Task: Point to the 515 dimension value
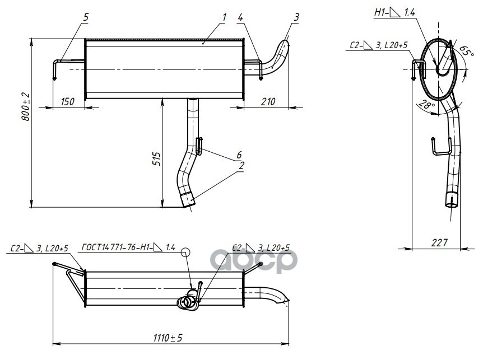tap(157, 159)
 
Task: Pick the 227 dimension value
tap(440, 242)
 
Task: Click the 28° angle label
tap(428, 104)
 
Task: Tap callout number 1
tap(223, 17)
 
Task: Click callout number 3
tap(295, 17)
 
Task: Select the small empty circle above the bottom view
tap(186, 253)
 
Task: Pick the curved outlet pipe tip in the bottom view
tap(286, 302)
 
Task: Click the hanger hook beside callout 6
tap(199, 146)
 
